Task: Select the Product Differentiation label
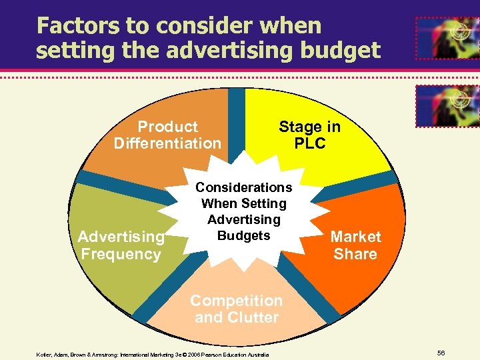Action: pos(167,135)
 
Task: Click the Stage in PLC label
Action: pos(309,135)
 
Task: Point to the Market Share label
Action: pos(356,245)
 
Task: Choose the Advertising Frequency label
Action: pos(121,245)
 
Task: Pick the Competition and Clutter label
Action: pos(237,309)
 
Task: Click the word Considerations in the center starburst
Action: pos(243,187)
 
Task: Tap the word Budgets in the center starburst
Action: pos(243,235)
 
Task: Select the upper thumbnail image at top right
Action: pos(447,38)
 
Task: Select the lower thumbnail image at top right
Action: pos(447,105)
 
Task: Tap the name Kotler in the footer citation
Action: pos(45,355)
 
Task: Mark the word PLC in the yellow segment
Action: pos(309,143)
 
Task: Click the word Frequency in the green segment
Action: pos(121,254)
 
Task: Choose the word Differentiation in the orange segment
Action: pos(167,143)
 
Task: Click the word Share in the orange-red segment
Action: pos(356,254)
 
